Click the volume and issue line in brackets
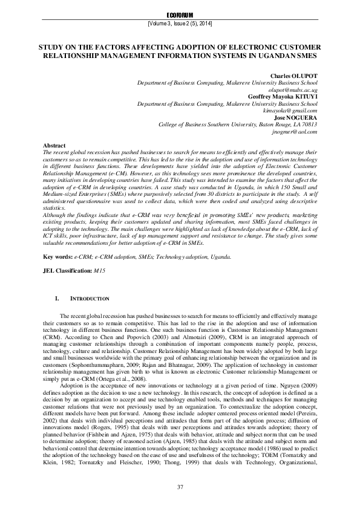click(x=180, y=23)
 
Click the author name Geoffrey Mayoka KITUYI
click(x=282, y=97)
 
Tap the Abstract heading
click(x=55, y=146)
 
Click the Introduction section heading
click(x=90, y=299)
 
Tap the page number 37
click(x=180, y=487)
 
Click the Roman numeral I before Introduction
click(x=57, y=299)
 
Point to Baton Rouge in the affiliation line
click(x=274, y=124)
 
